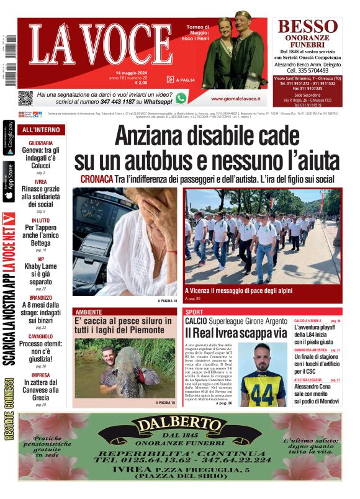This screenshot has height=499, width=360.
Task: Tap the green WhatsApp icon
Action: coord(181,98)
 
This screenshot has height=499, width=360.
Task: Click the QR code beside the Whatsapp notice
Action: coord(25,98)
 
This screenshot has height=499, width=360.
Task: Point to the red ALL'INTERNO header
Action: coord(41,130)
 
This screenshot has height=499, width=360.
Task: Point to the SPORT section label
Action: coord(194,312)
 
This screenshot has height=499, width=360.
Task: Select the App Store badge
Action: coord(9,181)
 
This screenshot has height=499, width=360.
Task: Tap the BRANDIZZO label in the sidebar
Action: coord(40,297)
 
